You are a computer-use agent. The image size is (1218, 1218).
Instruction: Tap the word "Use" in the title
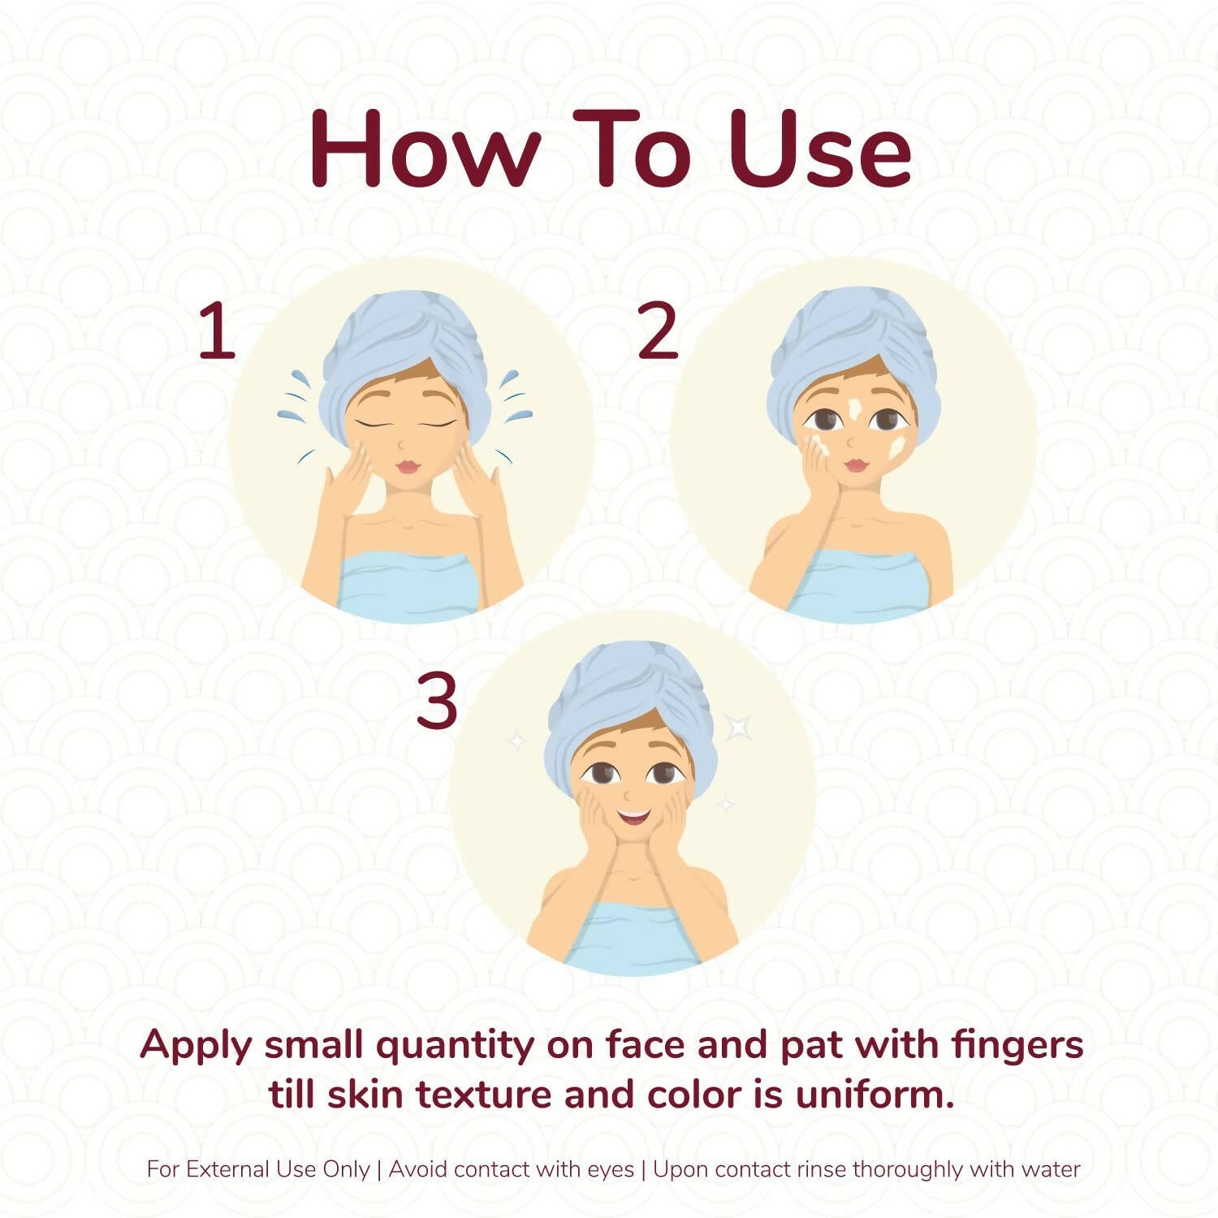coord(820,148)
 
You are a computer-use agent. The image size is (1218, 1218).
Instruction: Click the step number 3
coord(437,702)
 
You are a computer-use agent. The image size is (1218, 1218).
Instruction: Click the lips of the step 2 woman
coord(856,464)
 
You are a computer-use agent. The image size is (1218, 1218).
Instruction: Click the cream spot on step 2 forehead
coord(854,407)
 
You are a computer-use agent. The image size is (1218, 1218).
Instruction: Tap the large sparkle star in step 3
coord(738,727)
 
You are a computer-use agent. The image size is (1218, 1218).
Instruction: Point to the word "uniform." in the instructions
coord(875,1095)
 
